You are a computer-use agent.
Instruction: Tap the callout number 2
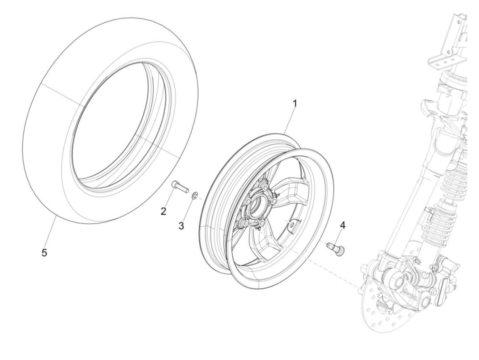point(164,211)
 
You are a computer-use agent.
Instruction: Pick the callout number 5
point(44,253)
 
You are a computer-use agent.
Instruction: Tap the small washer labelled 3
point(194,195)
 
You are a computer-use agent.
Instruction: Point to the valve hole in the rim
point(291,224)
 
